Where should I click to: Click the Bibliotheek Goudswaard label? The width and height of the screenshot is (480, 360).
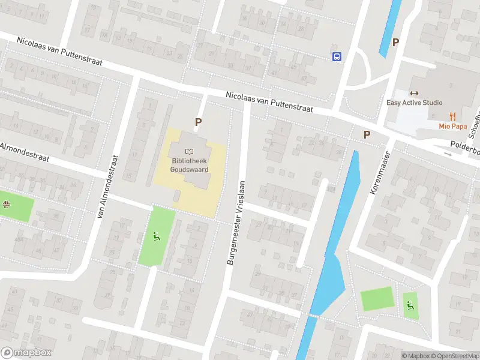point(190,166)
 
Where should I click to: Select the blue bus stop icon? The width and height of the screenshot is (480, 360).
point(337,56)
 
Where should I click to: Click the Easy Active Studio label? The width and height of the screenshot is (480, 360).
point(414,103)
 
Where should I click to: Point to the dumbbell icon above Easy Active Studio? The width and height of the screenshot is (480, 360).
point(413,93)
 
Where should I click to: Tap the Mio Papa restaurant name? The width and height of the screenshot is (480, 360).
point(453,126)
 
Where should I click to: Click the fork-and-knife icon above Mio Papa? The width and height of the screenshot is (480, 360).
point(453,116)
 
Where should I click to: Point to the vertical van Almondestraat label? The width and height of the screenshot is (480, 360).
point(109,187)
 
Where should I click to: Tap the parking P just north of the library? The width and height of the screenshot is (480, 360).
point(197,122)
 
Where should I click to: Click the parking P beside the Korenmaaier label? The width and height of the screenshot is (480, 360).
point(367,134)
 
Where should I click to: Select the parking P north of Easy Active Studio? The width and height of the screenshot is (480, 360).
point(395,42)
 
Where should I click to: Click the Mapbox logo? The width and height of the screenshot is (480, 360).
point(26,353)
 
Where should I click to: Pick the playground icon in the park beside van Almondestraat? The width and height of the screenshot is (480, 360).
point(157,236)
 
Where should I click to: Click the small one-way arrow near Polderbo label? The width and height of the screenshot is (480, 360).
point(448,154)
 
